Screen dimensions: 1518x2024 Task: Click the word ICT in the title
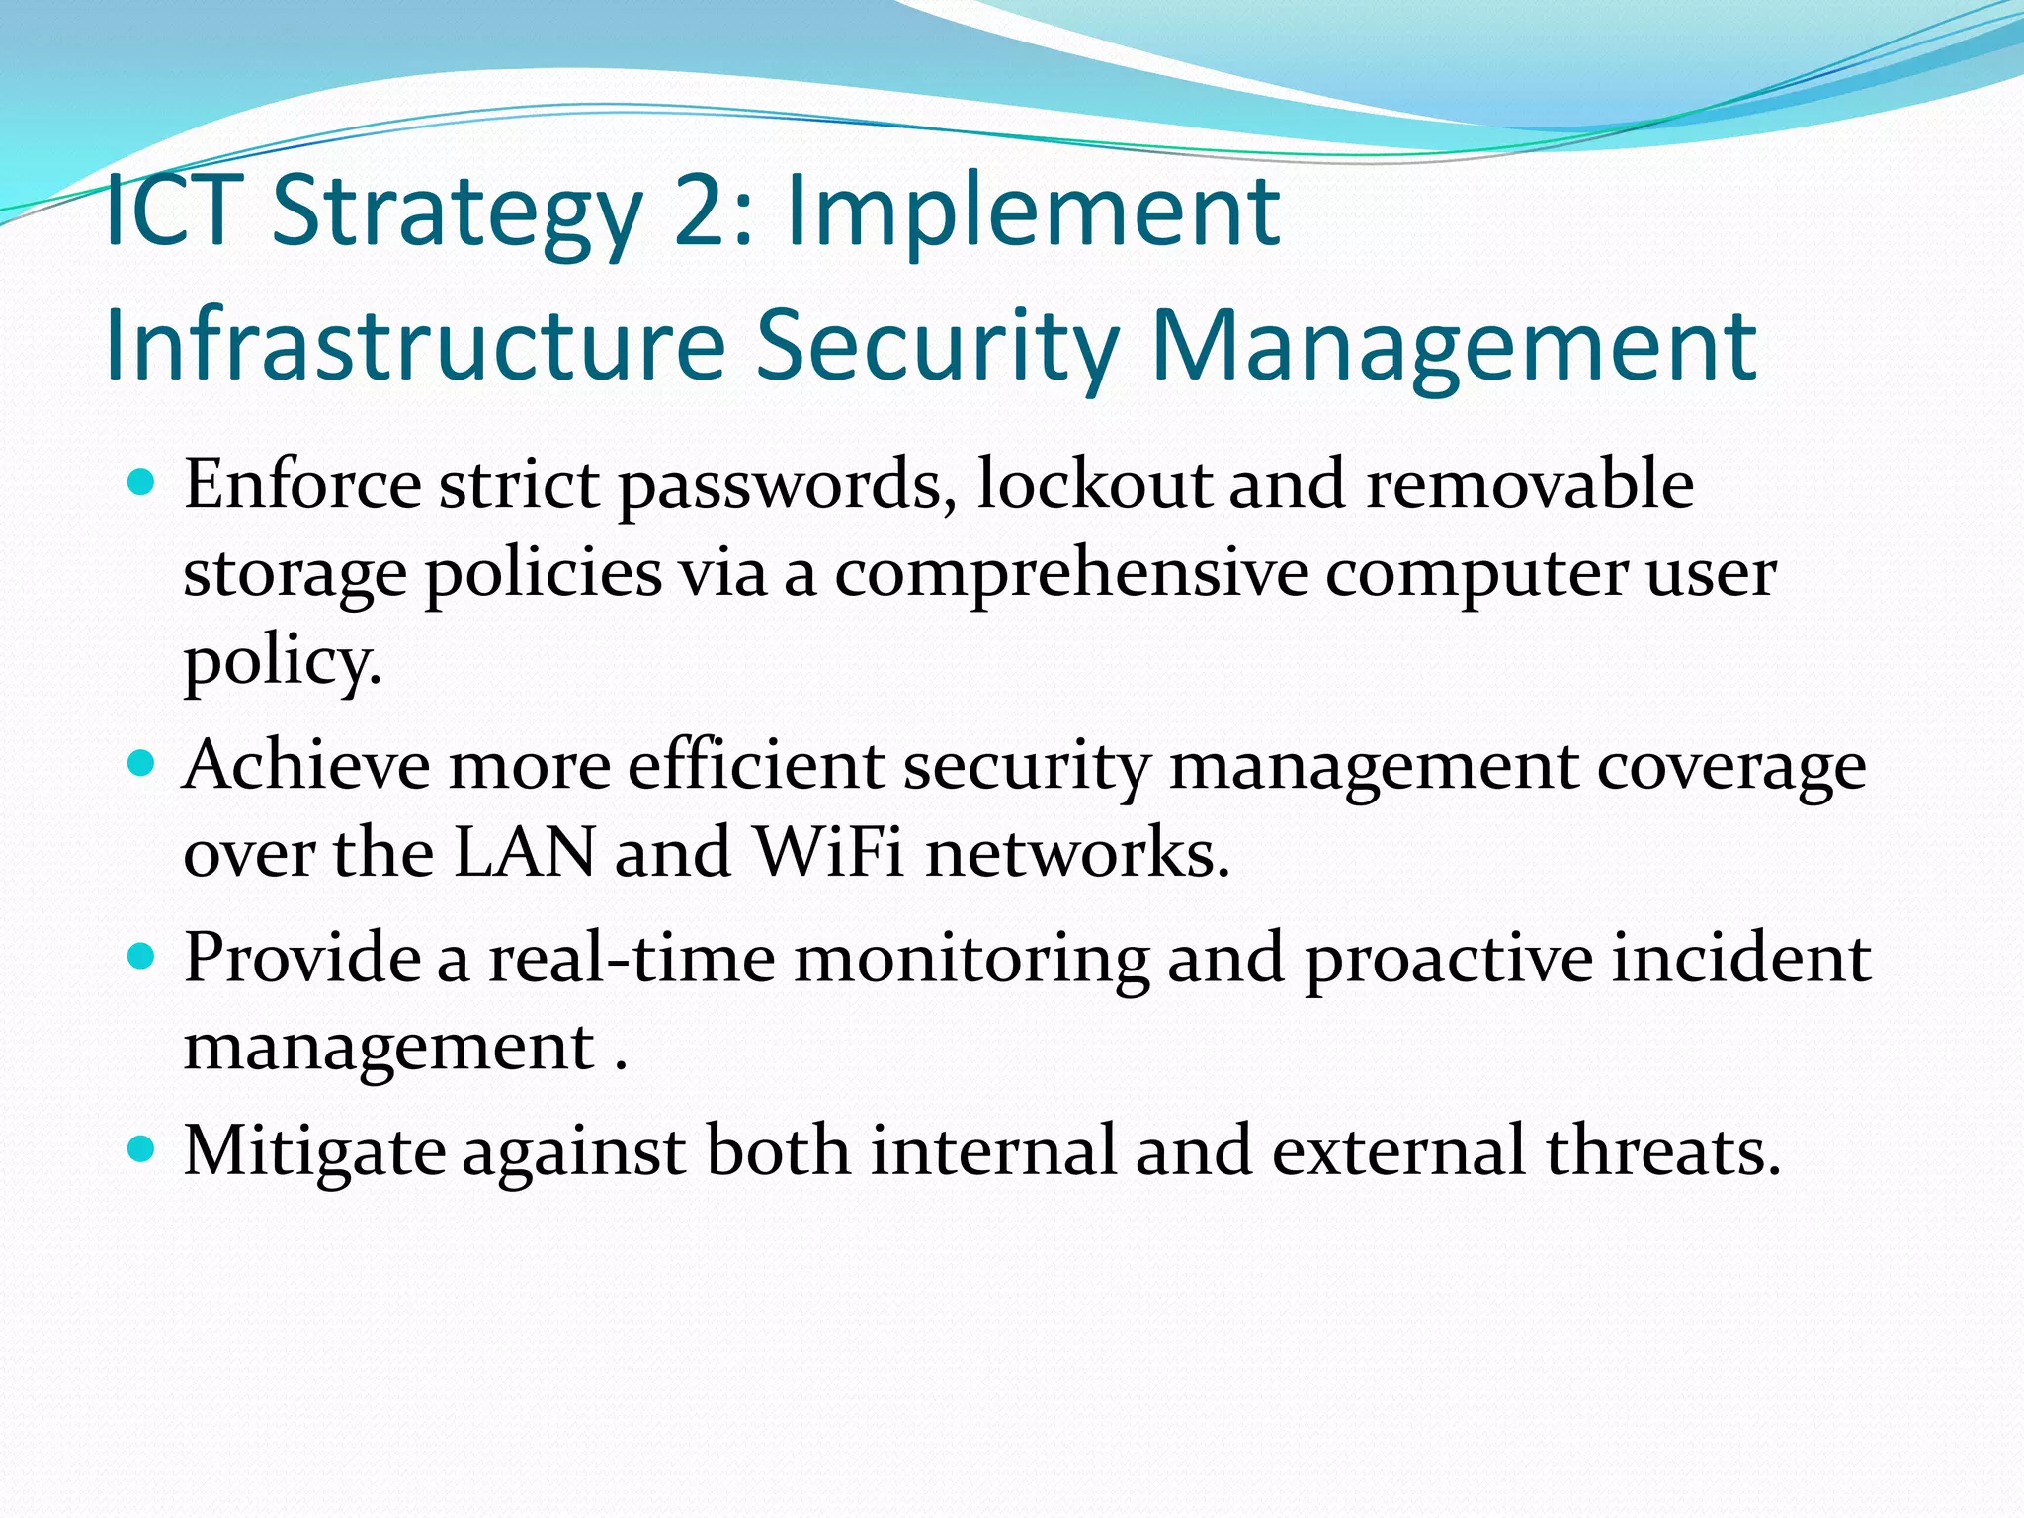pos(173,211)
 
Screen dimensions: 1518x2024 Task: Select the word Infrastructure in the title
pos(415,345)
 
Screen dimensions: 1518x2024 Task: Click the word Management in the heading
pos(1454,345)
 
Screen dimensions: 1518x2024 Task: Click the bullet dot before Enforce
pos(143,483)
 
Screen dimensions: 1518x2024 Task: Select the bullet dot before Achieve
pos(143,764)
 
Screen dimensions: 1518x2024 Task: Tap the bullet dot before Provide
pos(143,957)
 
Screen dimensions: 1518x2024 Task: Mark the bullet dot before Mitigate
pos(143,1149)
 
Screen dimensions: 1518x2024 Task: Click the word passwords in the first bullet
pos(787,486)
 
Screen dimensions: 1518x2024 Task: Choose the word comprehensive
pos(1071,574)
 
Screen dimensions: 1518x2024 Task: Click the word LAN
pos(525,852)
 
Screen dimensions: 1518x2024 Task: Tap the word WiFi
pos(828,852)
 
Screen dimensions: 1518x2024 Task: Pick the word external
pos(1398,1151)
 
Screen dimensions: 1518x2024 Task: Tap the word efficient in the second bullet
pos(756,766)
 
